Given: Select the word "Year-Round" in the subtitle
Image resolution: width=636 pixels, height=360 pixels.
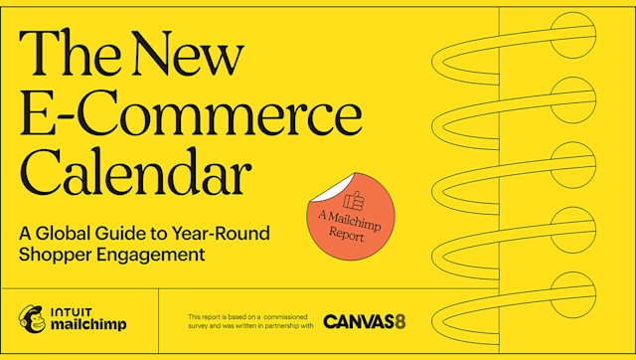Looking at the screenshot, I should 224,235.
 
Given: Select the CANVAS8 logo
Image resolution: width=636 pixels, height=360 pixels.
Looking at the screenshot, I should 364,321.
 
